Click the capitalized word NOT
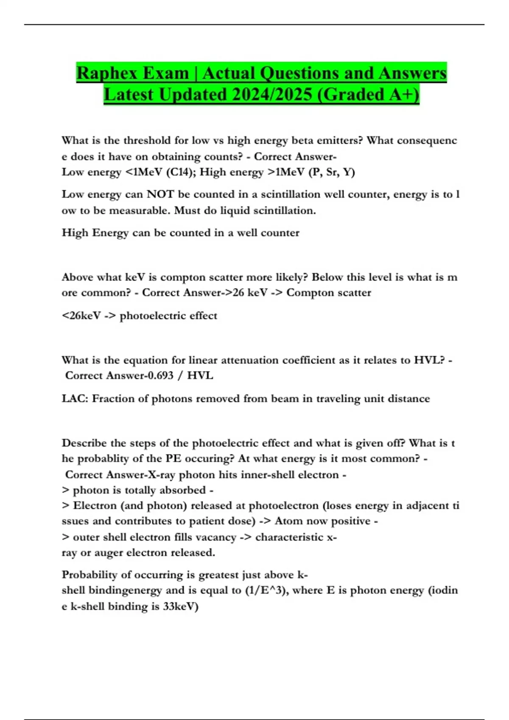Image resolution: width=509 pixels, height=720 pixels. [160, 194]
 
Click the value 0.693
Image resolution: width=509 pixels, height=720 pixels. [160, 376]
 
